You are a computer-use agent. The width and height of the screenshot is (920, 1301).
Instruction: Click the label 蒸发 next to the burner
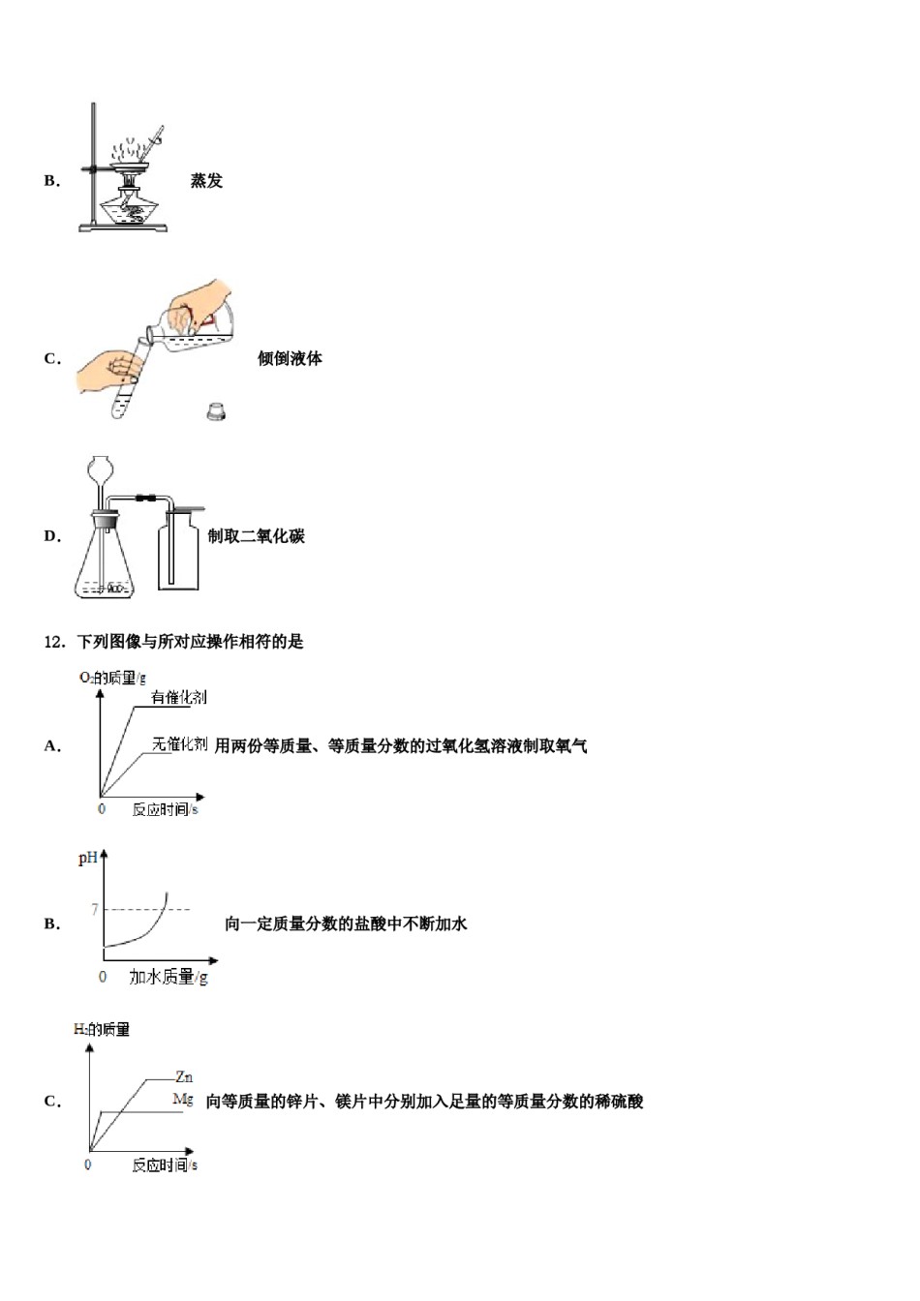206,181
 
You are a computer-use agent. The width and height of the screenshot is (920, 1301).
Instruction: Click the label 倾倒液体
290,358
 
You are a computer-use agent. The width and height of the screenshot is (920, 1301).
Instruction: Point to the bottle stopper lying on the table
216,411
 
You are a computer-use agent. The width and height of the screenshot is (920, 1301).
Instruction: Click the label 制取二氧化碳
257,536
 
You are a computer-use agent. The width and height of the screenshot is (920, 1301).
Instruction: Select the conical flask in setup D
104,561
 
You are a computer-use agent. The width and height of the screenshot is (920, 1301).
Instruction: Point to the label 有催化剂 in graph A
179,697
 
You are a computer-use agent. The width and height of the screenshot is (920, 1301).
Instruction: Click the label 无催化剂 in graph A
179,744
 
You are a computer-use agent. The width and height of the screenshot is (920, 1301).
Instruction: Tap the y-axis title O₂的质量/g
112,678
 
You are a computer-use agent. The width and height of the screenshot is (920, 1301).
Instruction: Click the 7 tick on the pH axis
94,909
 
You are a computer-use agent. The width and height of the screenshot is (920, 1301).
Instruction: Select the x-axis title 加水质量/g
169,978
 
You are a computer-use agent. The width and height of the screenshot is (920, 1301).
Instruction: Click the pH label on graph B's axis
87,859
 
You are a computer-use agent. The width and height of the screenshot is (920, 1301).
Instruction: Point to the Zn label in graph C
184,1076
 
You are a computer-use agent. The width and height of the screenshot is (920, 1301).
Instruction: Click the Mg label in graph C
183,1100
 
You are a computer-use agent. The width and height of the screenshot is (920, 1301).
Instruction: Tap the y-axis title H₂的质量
102,1030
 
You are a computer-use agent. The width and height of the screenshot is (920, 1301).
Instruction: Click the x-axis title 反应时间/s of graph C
165,1165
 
